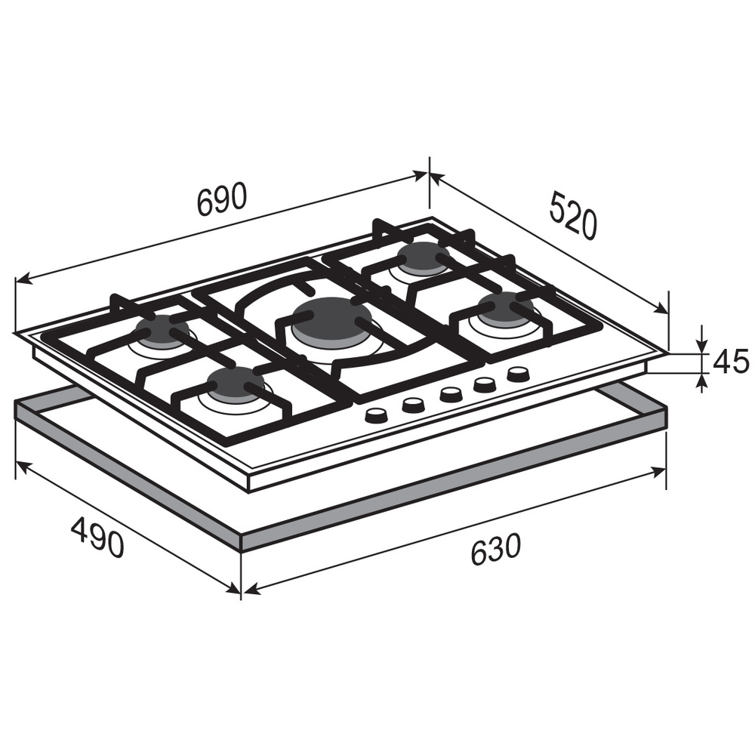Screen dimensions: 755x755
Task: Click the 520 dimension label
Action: click(573, 215)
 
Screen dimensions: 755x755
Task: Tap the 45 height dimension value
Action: click(731, 362)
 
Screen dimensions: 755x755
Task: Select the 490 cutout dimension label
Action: click(97, 537)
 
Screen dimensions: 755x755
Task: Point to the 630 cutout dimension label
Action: click(495, 548)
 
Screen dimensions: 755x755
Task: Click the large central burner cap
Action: click(331, 319)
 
